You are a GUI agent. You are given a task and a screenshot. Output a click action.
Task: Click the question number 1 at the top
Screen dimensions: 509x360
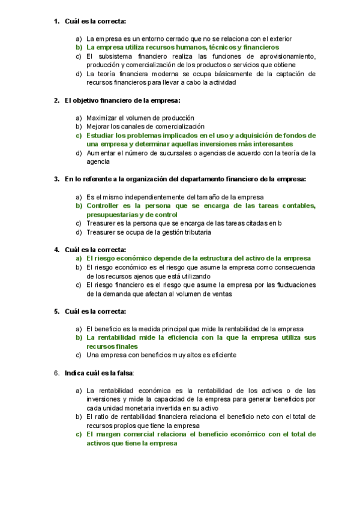[56, 22]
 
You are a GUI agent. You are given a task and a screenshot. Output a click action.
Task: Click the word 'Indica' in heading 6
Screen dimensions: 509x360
[74, 373]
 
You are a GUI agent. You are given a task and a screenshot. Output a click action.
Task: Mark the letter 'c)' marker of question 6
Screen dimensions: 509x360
[79, 434]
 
